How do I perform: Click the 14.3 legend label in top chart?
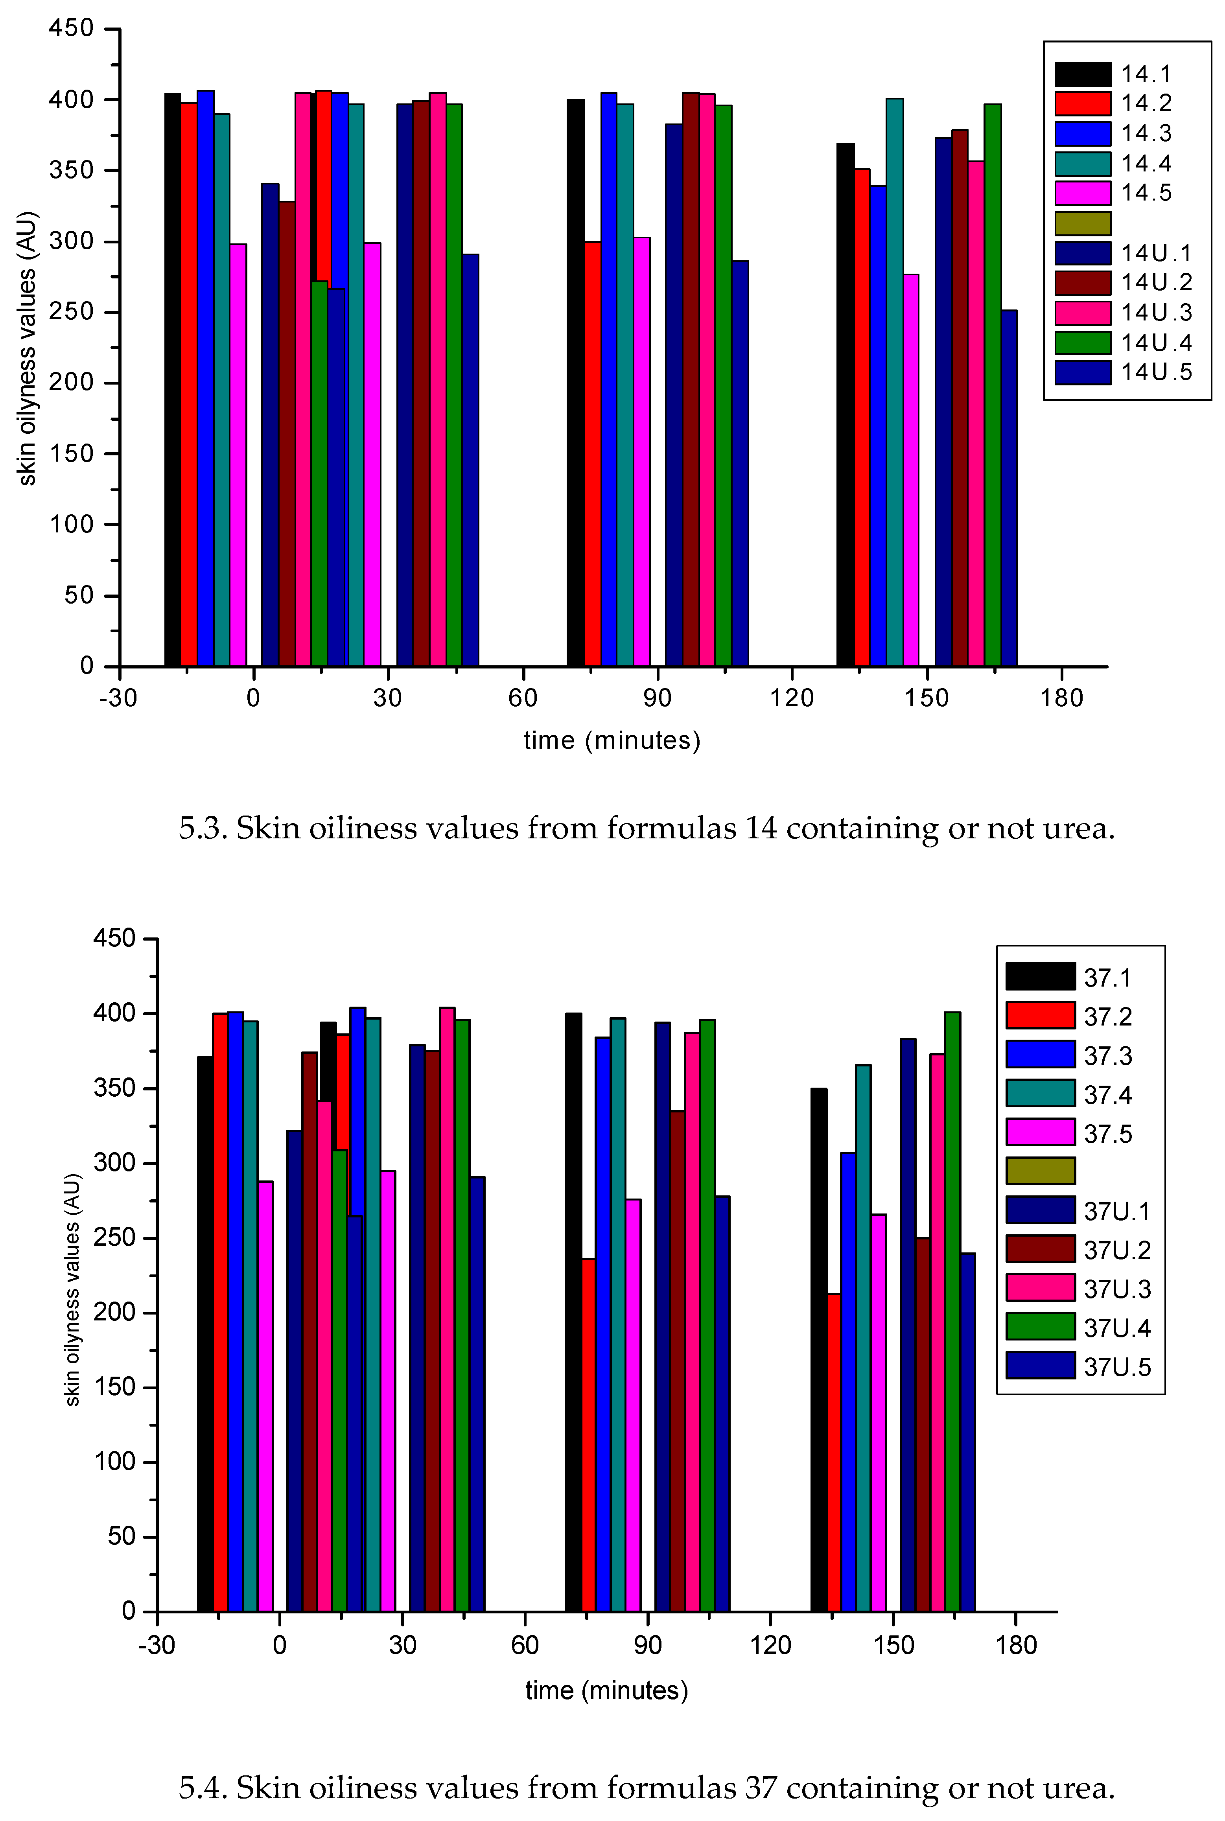[x=1146, y=134]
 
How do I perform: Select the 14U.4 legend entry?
[x=1156, y=342]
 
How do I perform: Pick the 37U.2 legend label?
[x=1117, y=1250]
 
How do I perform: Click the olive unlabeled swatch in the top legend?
[x=1082, y=223]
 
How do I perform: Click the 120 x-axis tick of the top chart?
[x=791, y=698]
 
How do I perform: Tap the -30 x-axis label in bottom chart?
[x=156, y=1645]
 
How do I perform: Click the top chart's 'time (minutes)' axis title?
[x=612, y=740]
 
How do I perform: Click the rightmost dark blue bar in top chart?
[x=1009, y=488]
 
